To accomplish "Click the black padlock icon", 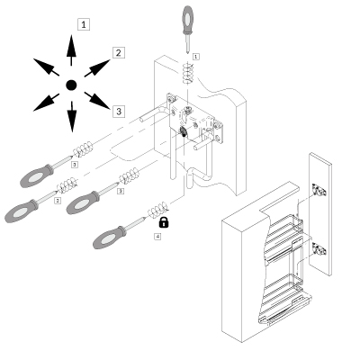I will (164, 220).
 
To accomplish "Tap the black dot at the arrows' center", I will (71, 85).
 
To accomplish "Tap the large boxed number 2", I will (117, 52).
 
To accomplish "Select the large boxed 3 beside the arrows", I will (117, 110).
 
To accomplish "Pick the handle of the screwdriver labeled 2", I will (20, 212).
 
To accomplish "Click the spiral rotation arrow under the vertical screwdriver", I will (187, 70).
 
